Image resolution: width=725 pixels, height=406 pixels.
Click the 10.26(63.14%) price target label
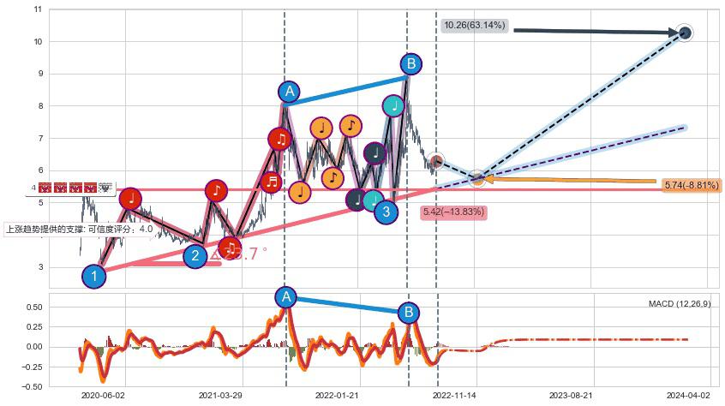(475, 26)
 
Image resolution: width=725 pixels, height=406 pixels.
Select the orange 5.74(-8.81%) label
(692, 185)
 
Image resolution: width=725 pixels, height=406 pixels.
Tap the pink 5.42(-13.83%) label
(453, 211)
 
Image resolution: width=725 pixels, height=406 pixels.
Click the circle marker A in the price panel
(290, 92)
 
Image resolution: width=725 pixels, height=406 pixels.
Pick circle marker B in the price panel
(410, 63)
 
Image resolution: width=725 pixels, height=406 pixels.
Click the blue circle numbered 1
(94, 276)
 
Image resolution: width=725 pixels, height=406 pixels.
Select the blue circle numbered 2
(195, 255)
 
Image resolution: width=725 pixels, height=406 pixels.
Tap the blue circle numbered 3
(386, 212)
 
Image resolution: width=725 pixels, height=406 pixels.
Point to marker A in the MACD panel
(286, 297)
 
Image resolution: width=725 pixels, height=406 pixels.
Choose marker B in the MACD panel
(410, 313)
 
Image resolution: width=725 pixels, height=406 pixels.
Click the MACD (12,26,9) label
(679, 304)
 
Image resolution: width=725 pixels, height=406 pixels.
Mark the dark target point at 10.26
(685, 33)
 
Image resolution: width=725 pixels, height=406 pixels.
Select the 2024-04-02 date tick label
(688, 396)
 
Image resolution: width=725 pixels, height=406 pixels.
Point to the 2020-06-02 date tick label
(103, 396)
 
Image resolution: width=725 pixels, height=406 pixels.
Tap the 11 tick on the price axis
(37, 9)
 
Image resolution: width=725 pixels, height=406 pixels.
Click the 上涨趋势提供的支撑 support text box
(80, 230)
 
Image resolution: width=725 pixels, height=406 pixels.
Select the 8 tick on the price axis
(38, 106)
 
